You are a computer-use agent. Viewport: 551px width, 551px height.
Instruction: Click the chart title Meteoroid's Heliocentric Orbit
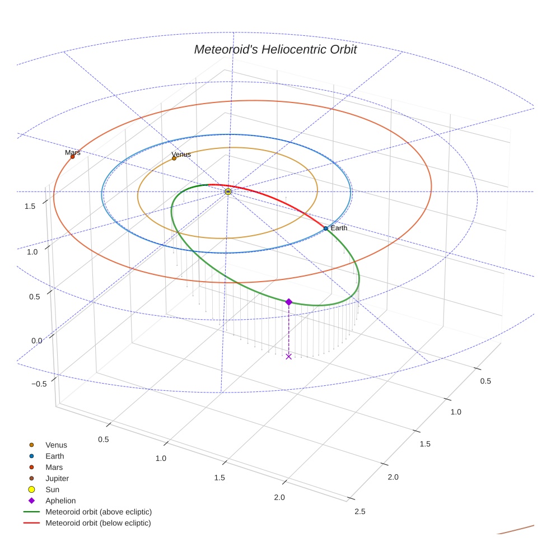[275, 49]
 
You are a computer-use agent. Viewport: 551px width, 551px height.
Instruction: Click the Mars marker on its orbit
[72, 157]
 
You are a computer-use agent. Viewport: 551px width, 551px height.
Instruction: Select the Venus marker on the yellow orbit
[174, 158]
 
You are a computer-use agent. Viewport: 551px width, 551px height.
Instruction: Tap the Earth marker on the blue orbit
[325, 228]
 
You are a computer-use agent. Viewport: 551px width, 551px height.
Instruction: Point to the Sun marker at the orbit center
[228, 192]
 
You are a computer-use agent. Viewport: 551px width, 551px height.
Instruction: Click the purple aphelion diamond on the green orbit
[288, 302]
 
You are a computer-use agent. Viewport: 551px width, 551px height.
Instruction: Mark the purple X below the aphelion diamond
[288, 356]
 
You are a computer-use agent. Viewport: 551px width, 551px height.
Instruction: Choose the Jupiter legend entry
[57, 478]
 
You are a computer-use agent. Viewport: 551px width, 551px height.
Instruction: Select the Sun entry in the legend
[52, 489]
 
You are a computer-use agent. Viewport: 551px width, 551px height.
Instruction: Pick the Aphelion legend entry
[60, 501]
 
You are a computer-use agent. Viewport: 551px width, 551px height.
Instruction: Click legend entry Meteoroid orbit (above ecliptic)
[98, 512]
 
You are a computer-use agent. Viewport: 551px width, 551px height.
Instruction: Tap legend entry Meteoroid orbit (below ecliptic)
[98, 523]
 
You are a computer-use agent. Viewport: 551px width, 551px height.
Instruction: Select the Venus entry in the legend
[55, 445]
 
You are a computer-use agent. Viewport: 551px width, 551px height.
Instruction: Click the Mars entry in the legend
[54, 467]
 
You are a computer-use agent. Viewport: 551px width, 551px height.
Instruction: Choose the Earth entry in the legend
[54, 456]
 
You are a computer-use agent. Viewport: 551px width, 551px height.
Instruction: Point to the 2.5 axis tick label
[360, 511]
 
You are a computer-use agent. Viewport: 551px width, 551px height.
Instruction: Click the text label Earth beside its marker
[339, 228]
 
